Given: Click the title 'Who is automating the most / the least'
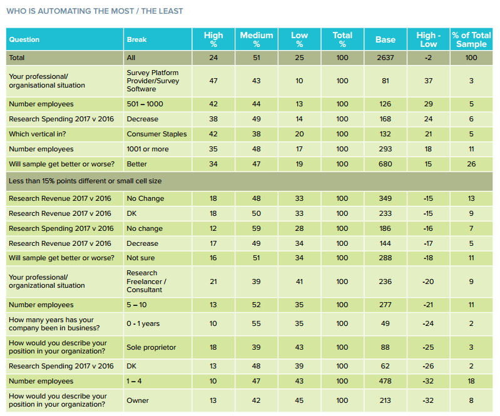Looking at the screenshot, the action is (94, 11).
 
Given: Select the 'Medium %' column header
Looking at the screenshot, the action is (257, 39).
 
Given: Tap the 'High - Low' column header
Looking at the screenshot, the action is (428, 39).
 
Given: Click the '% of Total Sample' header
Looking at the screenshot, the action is (471, 39).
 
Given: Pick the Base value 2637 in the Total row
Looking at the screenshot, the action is (385, 58).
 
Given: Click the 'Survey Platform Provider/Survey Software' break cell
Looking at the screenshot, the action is (153, 81).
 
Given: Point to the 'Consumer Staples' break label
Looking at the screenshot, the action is (156, 134).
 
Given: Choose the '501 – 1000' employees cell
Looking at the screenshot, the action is (145, 104).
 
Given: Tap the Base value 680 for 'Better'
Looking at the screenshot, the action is (385, 164).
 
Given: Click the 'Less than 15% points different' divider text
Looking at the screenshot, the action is (85, 181).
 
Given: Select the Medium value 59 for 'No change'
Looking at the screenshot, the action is (257, 228).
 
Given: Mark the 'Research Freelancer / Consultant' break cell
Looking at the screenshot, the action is (146, 282).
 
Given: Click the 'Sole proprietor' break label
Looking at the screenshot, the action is (151, 347).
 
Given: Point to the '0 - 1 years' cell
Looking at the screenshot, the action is (143, 323).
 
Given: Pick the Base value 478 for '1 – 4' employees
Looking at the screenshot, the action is (385, 381).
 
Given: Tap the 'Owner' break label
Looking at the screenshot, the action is (138, 400).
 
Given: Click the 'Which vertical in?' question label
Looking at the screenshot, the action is (38, 134).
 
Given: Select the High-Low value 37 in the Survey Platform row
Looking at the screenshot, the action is (428, 81).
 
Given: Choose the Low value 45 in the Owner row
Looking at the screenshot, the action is (299, 400).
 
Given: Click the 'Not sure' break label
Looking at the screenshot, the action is (140, 258).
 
